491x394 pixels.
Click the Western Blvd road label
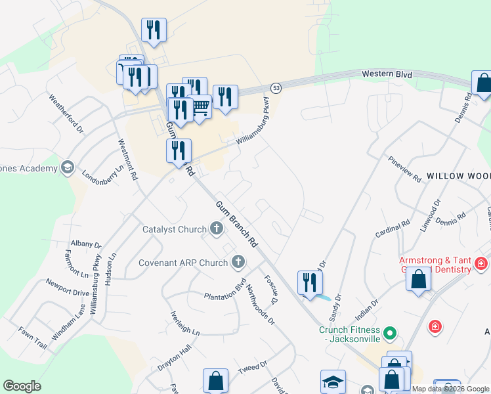click(387, 75)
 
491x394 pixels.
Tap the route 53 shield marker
click(276, 87)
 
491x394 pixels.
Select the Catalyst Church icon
click(217, 229)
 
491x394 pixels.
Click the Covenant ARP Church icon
click(238, 263)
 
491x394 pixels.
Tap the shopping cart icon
click(200, 106)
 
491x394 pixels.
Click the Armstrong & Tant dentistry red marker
click(481, 263)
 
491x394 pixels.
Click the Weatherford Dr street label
click(66, 113)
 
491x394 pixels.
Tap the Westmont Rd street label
click(128, 159)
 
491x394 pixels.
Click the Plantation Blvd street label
click(224, 291)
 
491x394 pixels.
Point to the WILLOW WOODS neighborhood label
click(458, 177)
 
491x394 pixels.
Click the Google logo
click(22, 386)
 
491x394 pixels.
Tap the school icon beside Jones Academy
click(67, 168)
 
